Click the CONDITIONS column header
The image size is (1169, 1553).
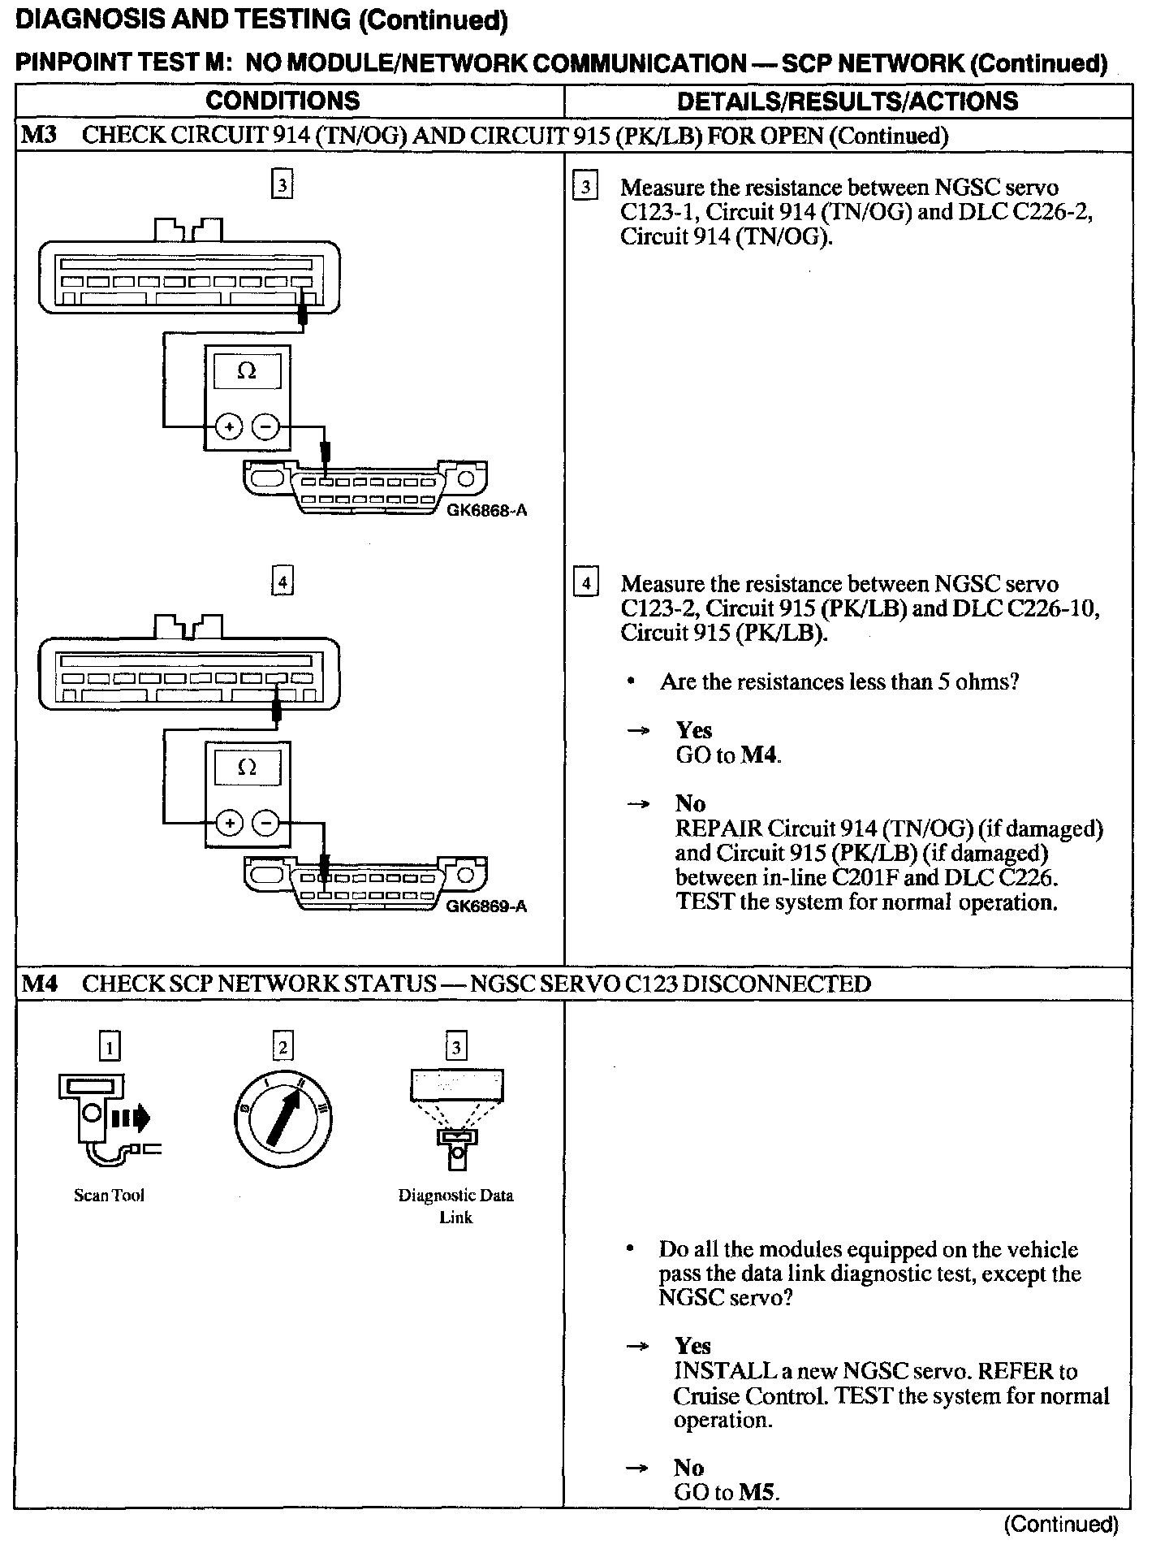pos(283,101)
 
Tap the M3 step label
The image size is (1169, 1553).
pos(39,135)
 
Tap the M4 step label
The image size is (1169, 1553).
pos(39,984)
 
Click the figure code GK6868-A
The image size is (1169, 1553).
pos(486,510)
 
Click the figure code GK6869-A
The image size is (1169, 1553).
pos(486,906)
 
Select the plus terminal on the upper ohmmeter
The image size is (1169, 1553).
pos(229,426)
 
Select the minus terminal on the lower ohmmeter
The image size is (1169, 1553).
pos(265,823)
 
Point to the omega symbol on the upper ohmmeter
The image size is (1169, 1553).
pos(247,371)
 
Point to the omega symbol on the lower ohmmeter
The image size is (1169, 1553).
pos(247,767)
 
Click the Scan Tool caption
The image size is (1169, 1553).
pos(109,1195)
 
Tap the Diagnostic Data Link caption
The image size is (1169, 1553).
pos(455,1205)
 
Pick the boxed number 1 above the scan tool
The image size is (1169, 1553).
pos(109,1046)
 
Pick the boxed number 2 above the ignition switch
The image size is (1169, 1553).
pos(282,1046)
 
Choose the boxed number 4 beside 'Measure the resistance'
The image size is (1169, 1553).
pos(585,583)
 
